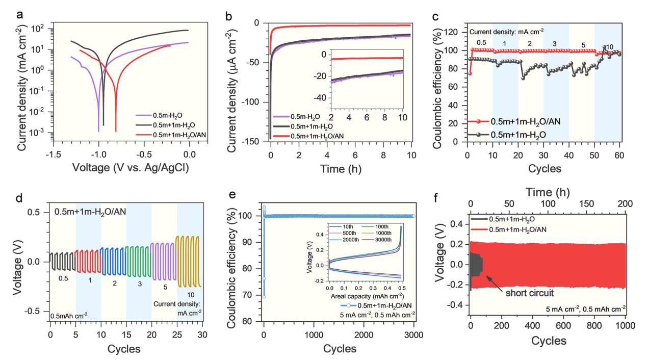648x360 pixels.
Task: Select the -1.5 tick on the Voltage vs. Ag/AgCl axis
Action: point(53,153)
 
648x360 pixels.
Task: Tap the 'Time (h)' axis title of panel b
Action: point(339,168)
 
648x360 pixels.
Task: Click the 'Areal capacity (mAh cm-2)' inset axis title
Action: point(365,296)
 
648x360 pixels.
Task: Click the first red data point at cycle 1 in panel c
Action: point(470,73)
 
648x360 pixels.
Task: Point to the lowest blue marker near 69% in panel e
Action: point(264,297)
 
